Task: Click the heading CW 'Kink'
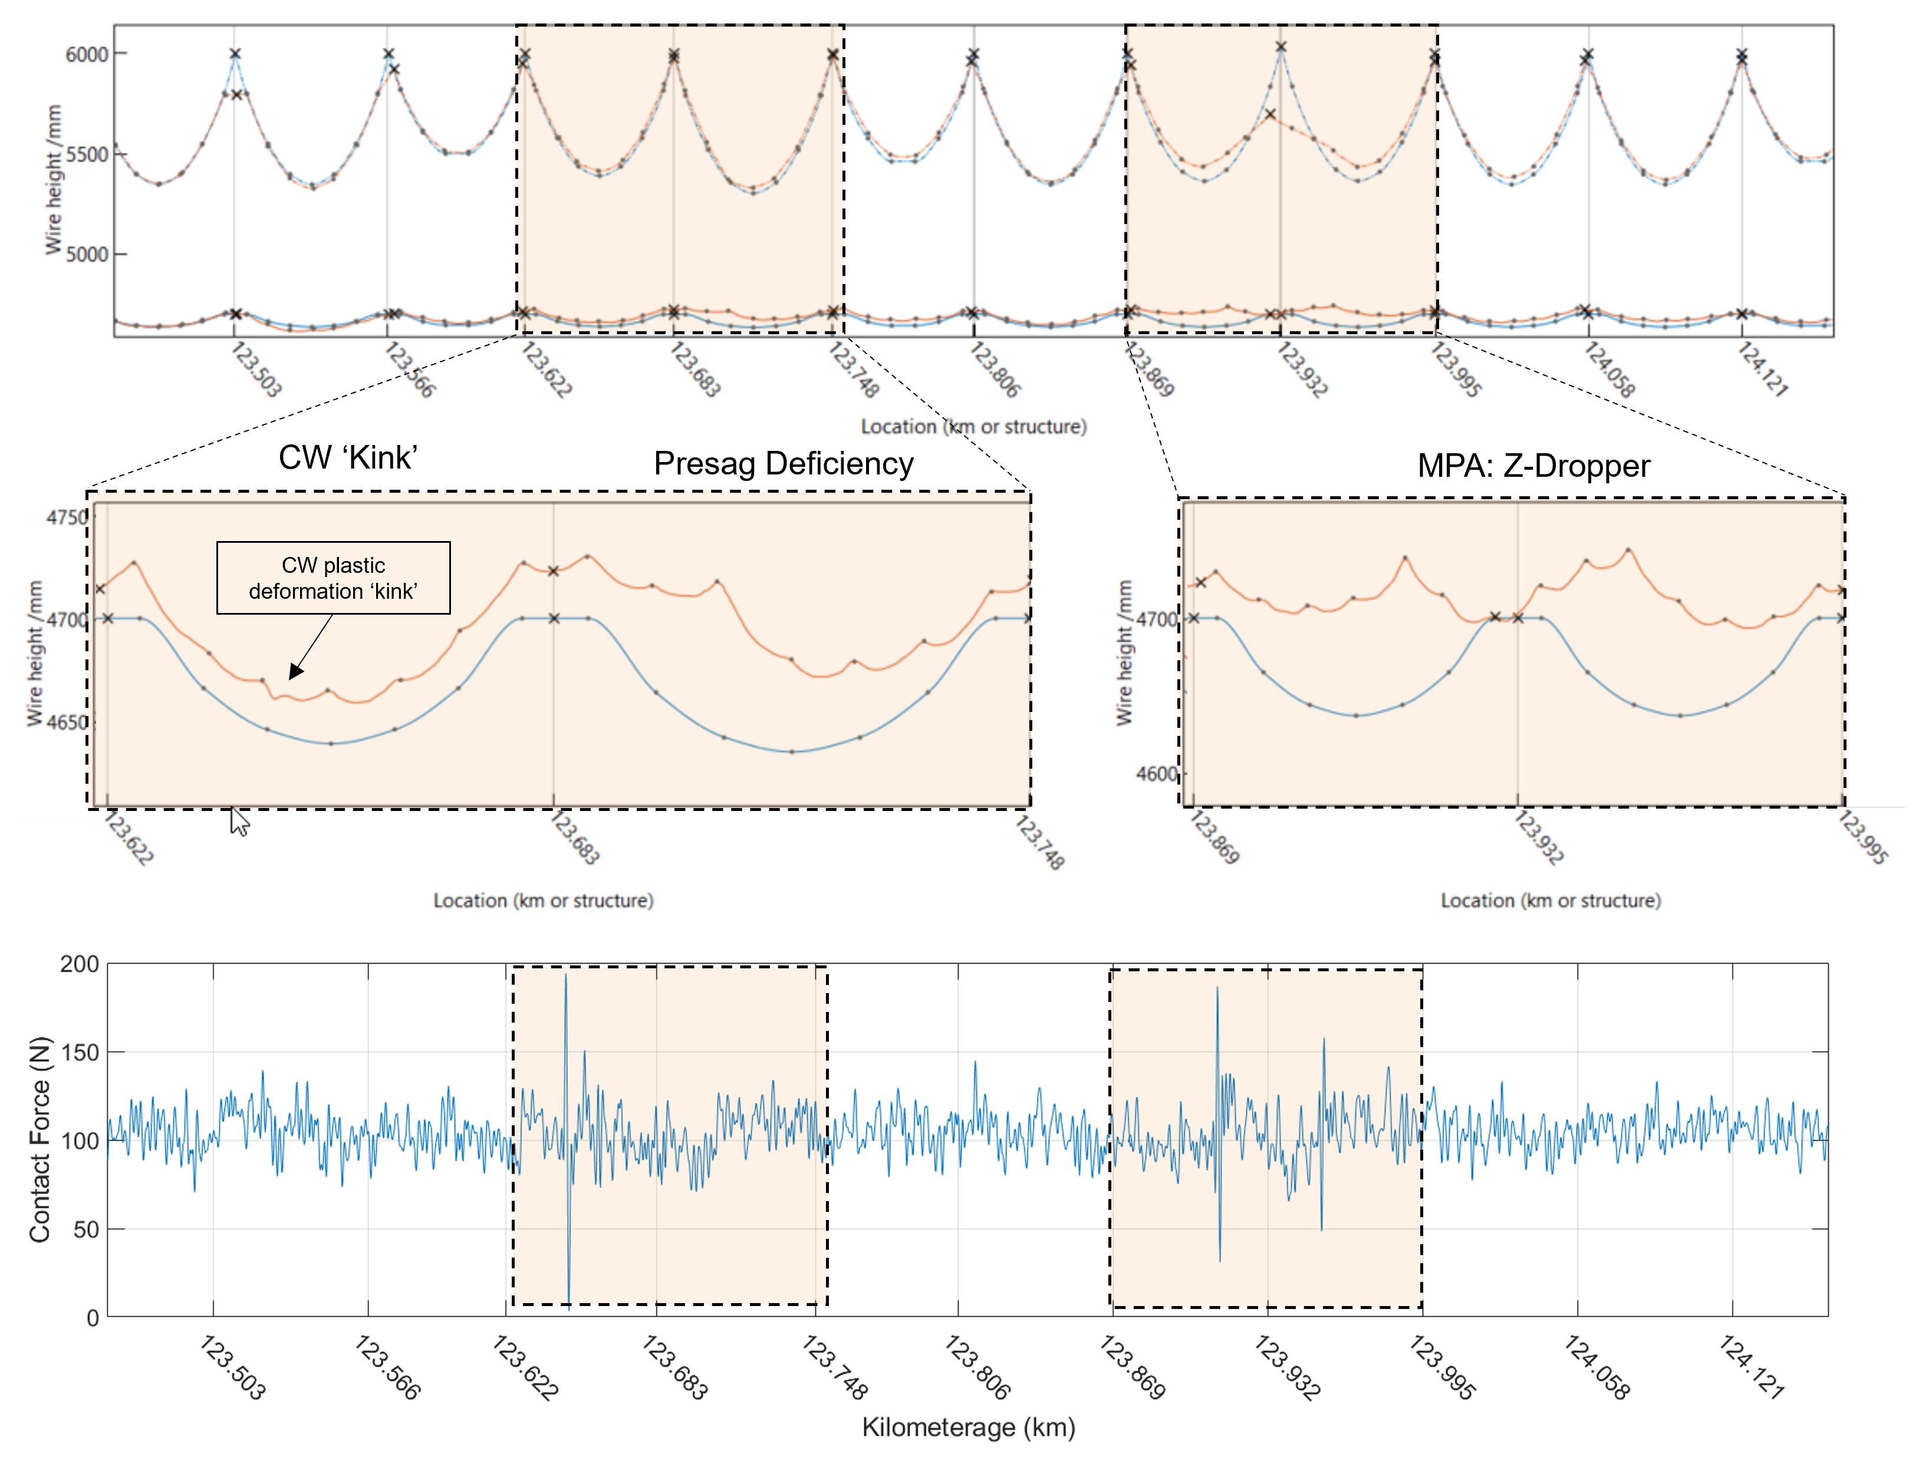coord(348,457)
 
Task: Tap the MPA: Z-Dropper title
coord(1533,466)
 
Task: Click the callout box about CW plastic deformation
coord(333,578)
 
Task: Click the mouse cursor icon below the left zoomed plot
coord(239,822)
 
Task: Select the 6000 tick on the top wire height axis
coord(87,54)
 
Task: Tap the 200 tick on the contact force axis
coord(80,964)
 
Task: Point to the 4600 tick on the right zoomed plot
coord(1156,774)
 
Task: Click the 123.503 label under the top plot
coord(255,370)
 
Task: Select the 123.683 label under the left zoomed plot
coord(574,837)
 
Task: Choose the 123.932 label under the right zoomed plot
coord(1538,837)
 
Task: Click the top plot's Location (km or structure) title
coord(973,426)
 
